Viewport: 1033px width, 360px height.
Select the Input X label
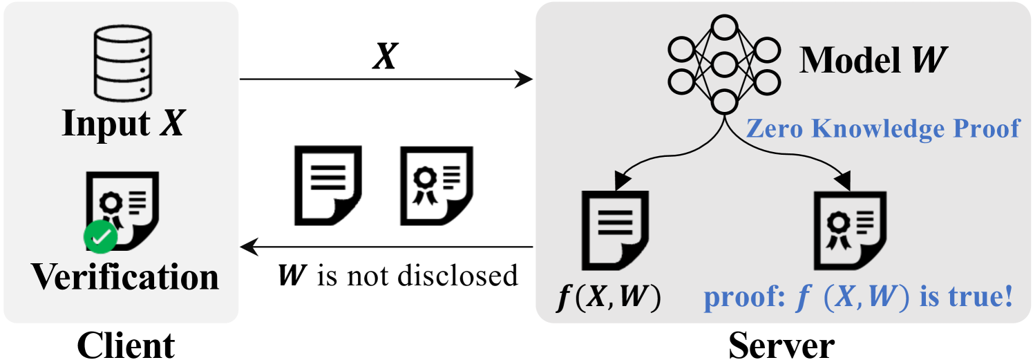(123, 125)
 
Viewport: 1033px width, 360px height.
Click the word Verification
(125, 277)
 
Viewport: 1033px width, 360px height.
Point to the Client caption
(126, 344)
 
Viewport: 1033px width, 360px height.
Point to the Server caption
(781, 344)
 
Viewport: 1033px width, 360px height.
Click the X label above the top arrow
(384, 57)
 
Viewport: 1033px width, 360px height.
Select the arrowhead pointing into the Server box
(526, 80)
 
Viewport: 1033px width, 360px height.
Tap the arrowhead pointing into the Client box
(247, 247)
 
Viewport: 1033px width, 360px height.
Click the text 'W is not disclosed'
(397, 275)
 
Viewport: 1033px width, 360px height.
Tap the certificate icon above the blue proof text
(848, 229)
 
